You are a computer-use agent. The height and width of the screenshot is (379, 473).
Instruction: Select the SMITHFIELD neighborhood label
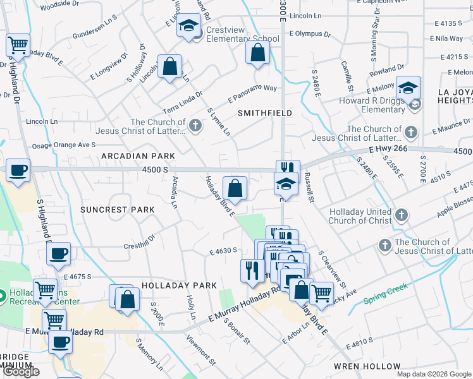click(264, 113)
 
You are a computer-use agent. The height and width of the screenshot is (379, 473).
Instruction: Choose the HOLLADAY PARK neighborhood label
click(180, 286)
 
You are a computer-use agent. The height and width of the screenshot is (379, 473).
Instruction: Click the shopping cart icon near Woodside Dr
click(18, 45)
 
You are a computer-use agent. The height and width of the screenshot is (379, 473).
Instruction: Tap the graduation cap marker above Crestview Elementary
click(188, 27)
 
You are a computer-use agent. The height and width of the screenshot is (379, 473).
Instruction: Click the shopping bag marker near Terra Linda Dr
click(170, 66)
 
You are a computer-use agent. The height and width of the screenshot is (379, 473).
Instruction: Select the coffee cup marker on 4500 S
click(18, 170)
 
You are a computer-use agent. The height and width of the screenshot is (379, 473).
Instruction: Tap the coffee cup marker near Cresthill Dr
click(58, 254)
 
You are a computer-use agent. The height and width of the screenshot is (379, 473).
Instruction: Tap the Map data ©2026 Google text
click(434, 374)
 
